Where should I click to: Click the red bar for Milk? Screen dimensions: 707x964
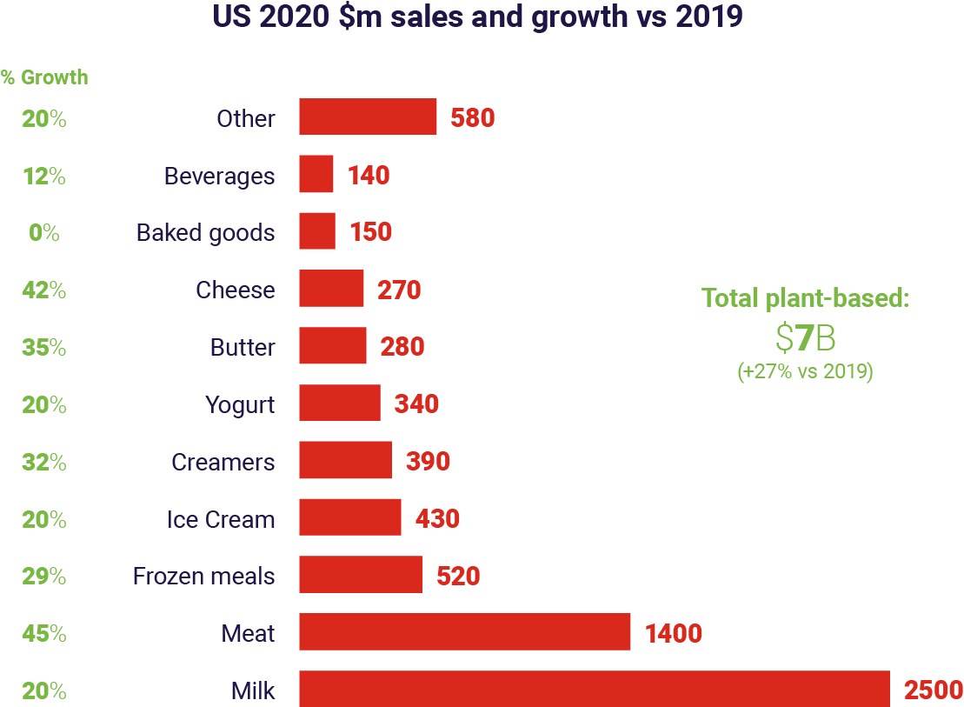(x=595, y=690)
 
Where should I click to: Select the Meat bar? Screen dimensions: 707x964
(x=465, y=632)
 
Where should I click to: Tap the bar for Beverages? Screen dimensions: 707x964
(x=316, y=175)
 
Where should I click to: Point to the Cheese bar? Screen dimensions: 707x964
(x=331, y=289)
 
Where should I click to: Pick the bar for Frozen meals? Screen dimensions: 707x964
(x=361, y=575)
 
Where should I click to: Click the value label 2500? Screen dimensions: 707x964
(x=934, y=690)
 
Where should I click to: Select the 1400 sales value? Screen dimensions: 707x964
(x=674, y=633)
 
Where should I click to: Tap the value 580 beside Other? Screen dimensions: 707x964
(x=473, y=118)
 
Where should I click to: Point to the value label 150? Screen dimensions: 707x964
(x=371, y=232)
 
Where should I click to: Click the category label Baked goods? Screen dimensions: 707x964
(x=205, y=233)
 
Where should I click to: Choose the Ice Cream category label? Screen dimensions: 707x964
(x=221, y=519)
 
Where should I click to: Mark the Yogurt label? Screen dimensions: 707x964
(x=240, y=404)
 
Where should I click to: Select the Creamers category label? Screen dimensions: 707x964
(x=223, y=462)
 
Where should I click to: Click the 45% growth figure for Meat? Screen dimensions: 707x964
(x=44, y=633)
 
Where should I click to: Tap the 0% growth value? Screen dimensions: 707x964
(x=44, y=232)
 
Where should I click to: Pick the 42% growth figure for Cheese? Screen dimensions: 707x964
(x=44, y=290)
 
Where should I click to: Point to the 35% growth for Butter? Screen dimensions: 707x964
(x=44, y=347)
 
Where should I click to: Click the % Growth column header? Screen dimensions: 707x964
(x=44, y=77)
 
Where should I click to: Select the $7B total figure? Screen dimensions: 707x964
(x=805, y=337)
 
